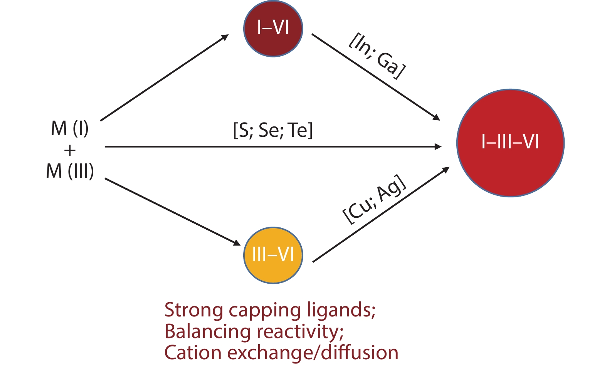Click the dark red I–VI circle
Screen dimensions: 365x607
click(273, 28)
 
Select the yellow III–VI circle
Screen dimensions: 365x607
click(273, 255)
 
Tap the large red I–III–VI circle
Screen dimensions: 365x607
click(510, 143)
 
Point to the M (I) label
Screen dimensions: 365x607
click(70, 128)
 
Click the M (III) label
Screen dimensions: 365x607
click(70, 171)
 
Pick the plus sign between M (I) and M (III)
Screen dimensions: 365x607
click(70, 150)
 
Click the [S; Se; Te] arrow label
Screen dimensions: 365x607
click(273, 130)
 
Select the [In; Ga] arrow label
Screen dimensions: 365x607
click(377, 56)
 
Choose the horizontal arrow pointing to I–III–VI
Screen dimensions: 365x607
click(273, 147)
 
